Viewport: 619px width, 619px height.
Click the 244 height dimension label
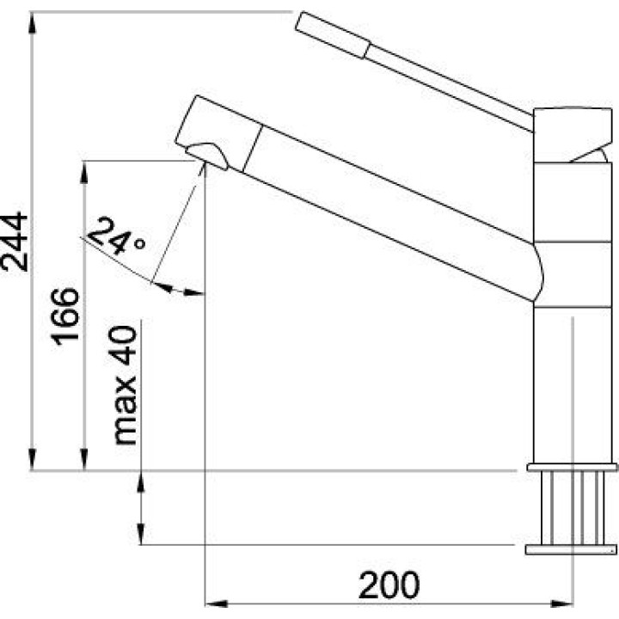15,242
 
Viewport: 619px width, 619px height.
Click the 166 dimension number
65,316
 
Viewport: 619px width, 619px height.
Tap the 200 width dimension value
389,585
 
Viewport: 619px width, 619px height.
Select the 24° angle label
115,236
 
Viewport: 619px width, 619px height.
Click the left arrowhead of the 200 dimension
217,604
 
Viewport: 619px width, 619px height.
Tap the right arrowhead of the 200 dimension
561,604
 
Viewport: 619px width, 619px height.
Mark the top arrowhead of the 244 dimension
33,23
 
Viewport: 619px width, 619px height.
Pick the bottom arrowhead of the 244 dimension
33,459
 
